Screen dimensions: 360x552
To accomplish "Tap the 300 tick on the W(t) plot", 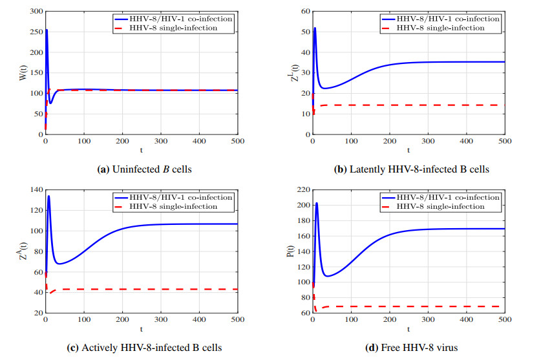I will click(x=34, y=12).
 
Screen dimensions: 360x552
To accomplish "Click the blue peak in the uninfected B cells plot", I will click(x=46, y=30).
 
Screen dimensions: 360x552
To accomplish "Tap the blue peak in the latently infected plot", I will click(x=315, y=28).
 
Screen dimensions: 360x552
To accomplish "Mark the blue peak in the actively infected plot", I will click(x=48, y=196).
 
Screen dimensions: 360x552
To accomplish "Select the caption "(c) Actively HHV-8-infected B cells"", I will click(x=144, y=348).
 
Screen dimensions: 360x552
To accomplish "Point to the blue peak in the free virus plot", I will click(x=316, y=204).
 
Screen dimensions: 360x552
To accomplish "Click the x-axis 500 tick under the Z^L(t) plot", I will click(x=505, y=140).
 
